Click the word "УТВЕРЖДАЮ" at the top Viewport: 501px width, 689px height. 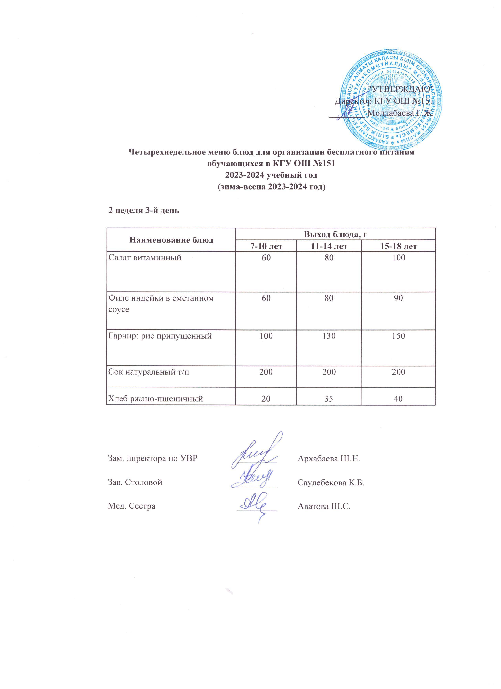(403, 89)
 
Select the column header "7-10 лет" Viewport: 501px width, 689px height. (266, 246)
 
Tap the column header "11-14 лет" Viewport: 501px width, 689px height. (329, 246)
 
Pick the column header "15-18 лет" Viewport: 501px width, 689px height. (398, 246)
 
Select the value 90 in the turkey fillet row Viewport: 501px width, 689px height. (398, 298)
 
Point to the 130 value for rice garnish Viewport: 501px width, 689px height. (329, 336)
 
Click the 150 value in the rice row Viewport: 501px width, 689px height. (398, 336)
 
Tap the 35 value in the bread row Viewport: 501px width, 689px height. (329, 398)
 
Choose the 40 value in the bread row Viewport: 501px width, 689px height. (398, 398)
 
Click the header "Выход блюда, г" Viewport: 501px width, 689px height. (336, 234)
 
